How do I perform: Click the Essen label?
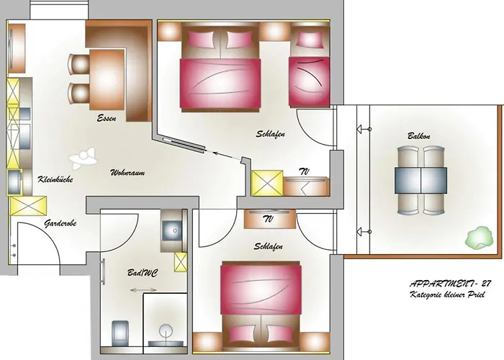coord(107,118)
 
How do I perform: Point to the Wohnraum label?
coord(129,174)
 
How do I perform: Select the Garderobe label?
coord(60,223)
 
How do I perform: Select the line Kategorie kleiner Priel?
coord(446,295)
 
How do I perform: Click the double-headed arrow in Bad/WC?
coord(143,290)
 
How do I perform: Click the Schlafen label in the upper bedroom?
coord(269,134)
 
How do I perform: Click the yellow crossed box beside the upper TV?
coord(266,183)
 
